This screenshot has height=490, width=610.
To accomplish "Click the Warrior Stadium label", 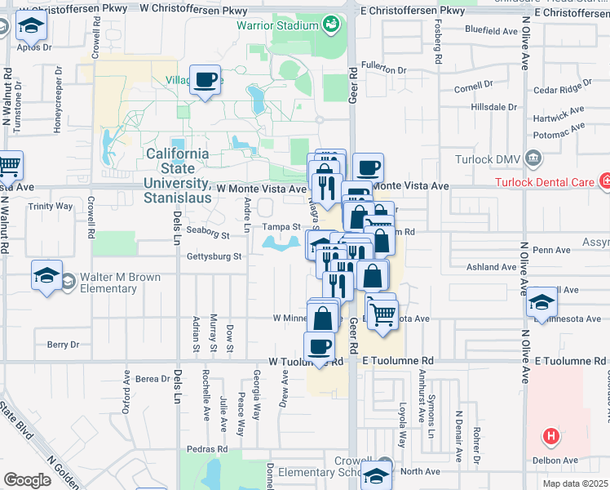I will tap(276, 25).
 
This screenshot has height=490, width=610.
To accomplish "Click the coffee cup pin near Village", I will tap(206, 80).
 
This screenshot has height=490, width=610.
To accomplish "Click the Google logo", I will tap(27, 480).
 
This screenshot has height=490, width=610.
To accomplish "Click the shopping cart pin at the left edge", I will tap(8, 167).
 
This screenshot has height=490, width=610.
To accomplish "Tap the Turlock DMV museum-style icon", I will tap(533, 157).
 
